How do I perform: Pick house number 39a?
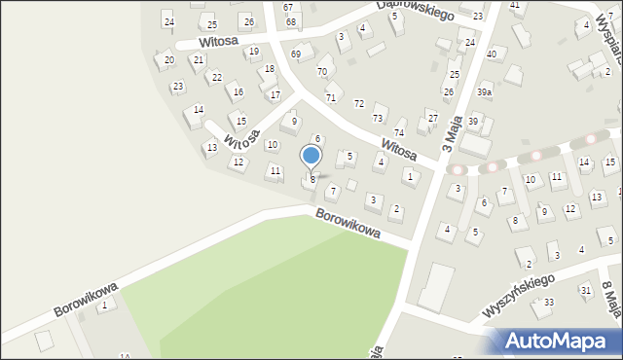click(x=484, y=91)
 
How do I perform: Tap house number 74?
click(x=398, y=132)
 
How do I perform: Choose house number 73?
click(x=378, y=118)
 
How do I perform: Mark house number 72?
click(x=358, y=104)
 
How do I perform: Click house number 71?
click(x=331, y=98)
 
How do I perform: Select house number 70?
click(x=321, y=72)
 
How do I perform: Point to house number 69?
click(x=295, y=54)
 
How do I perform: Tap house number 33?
click(x=549, y=303)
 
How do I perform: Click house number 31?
click(x=585, y=290)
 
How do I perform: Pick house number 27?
click(x=432, y=118)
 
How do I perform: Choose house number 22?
click(x=216, y=78)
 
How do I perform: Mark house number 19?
click(x=254, y=52)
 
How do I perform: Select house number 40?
click(x=491, y=54)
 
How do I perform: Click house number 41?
click(x=515, y=6)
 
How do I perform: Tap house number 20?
click(x=168, y=60)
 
